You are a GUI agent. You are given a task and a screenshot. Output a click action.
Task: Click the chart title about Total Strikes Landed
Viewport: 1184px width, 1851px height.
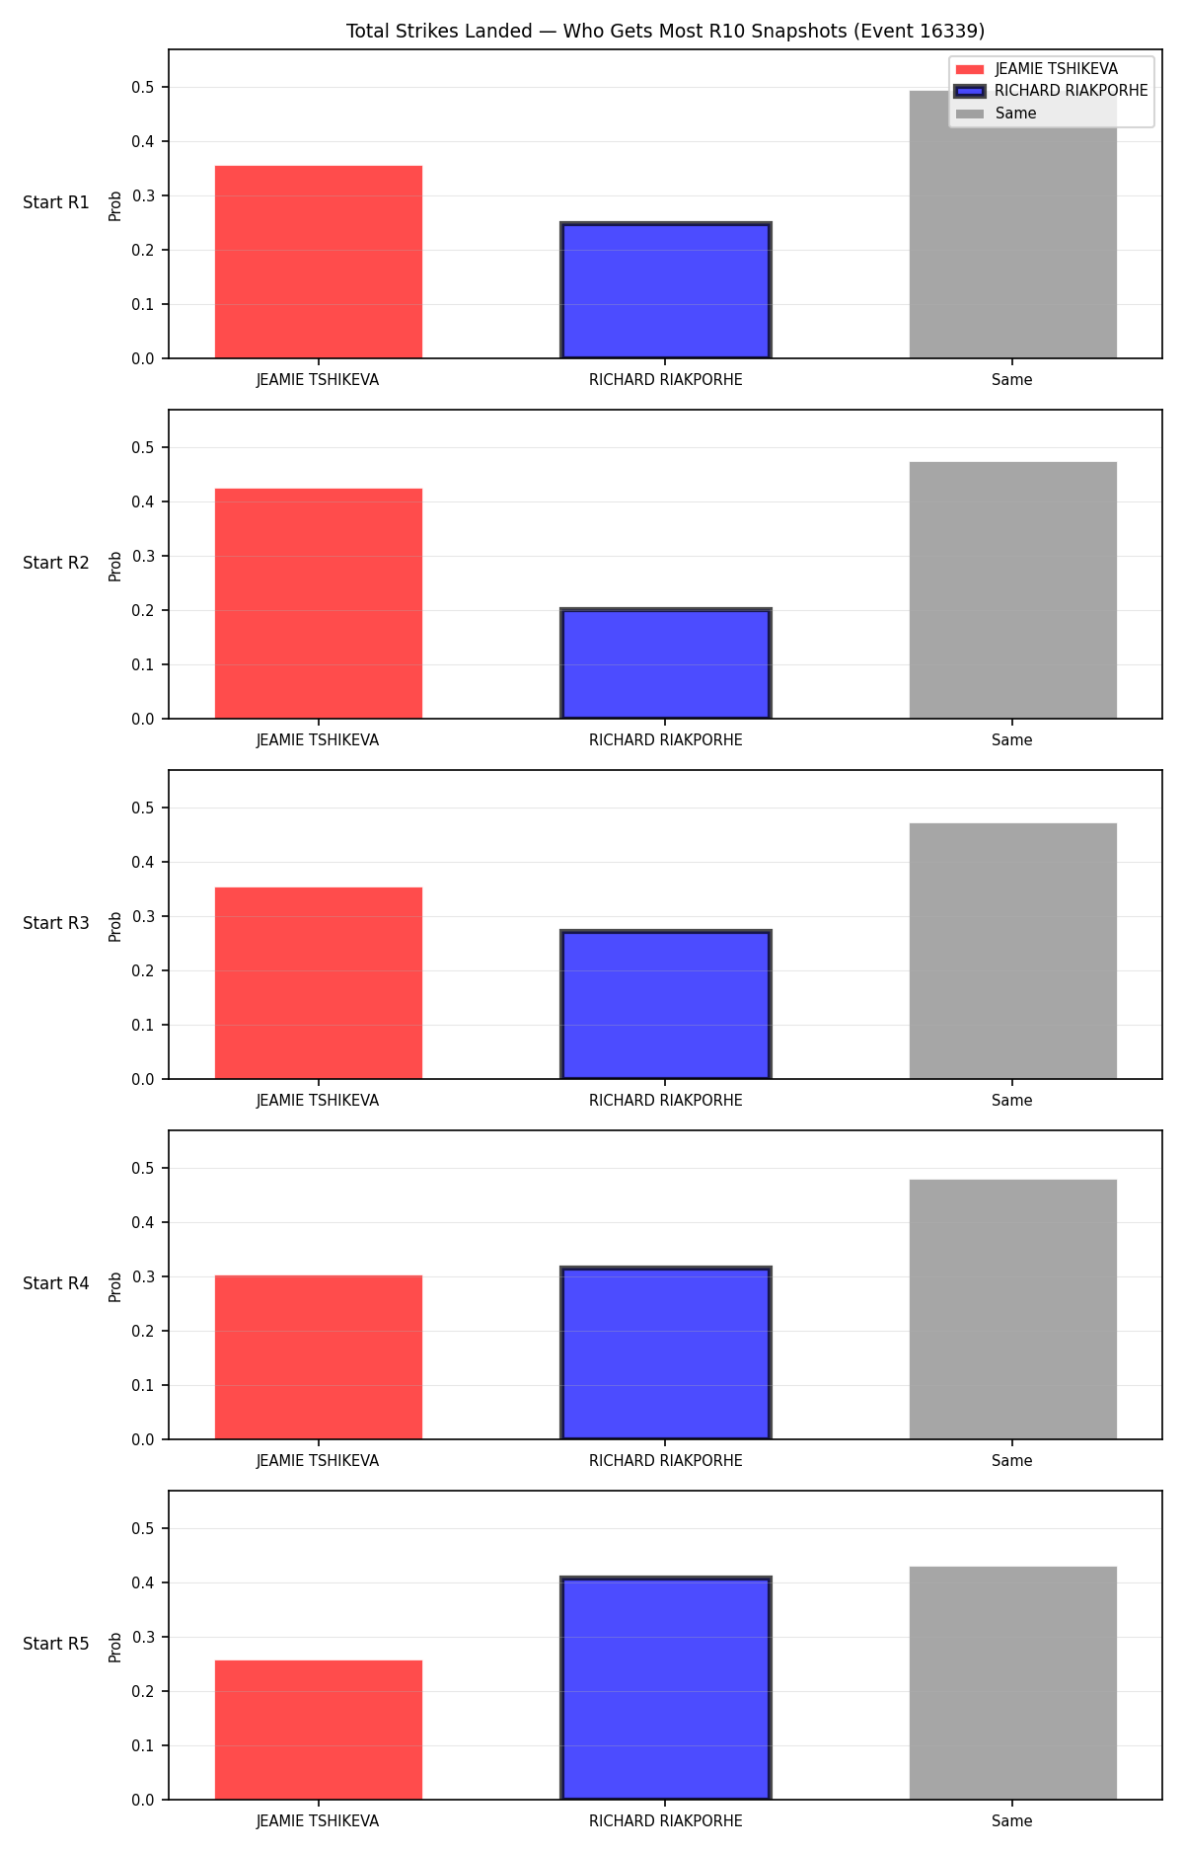(x=665, y=31)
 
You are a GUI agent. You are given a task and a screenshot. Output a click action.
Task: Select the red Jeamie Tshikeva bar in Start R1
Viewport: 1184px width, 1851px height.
(x=319, y=262)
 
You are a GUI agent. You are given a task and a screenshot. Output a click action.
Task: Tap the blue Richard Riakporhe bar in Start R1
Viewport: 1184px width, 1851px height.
(x=666, y=290)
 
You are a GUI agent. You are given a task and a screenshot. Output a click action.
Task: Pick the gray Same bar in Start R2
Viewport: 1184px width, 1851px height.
(x=1013, y=590)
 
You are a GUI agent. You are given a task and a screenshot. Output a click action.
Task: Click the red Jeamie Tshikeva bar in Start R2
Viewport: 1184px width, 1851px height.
(x=319, y=603)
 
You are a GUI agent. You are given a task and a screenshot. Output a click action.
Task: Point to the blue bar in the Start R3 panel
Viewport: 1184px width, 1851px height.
(x=666, y=1004)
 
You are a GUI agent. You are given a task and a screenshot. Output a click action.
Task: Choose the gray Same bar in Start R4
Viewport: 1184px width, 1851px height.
(x=1013, y=1309)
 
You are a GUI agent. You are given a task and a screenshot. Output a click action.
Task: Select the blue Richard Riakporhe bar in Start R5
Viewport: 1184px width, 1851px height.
(x=666, y=1688)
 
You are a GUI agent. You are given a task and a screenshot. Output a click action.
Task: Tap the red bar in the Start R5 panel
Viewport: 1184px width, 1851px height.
(x=319, y=1730)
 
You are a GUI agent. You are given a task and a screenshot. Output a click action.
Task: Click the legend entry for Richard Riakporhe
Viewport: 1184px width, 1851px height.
(x=1052, y=91)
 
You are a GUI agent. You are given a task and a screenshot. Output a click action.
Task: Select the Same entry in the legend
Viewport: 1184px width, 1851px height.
(x=997, y=114)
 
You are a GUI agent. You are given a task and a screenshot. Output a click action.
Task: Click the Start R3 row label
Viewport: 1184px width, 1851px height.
(x=56, y=923)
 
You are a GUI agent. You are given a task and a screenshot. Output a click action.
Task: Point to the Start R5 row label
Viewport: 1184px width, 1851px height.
(x=56, y=1644)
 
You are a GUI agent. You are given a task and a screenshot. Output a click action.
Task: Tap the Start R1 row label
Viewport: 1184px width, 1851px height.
(x=56, y=202)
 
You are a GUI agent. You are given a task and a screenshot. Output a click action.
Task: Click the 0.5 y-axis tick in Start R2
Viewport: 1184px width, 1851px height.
(x=144, y=448)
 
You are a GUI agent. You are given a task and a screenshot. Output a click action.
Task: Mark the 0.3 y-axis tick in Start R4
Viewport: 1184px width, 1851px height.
(x=144, y=1277)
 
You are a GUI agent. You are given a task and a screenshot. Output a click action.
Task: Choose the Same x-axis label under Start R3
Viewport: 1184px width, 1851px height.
(x=1012, y=1101)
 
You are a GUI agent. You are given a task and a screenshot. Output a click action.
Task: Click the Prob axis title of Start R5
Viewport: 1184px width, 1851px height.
(x=115, y=1647)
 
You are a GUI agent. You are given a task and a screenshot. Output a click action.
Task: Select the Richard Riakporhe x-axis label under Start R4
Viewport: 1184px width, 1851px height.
(x=666, y=1461)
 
